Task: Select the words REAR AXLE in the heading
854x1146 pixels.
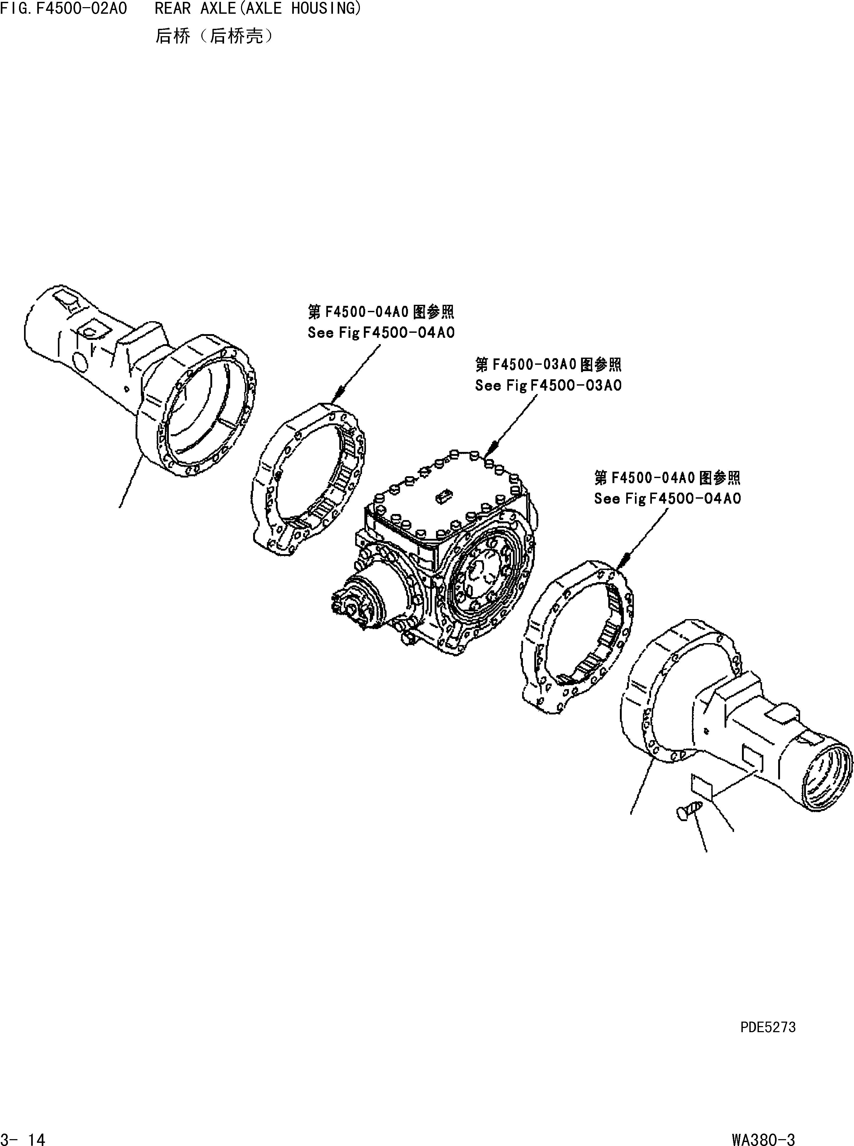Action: pyautogui.click(x=195, y=9)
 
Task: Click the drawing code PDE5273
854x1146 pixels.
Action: pyautogui.click(x=768, y=1027)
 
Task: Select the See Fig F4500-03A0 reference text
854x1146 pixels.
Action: pyautogui.click(x=548, y=385)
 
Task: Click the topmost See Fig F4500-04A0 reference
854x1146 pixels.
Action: pyautogui.click(x=381, y=332)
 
